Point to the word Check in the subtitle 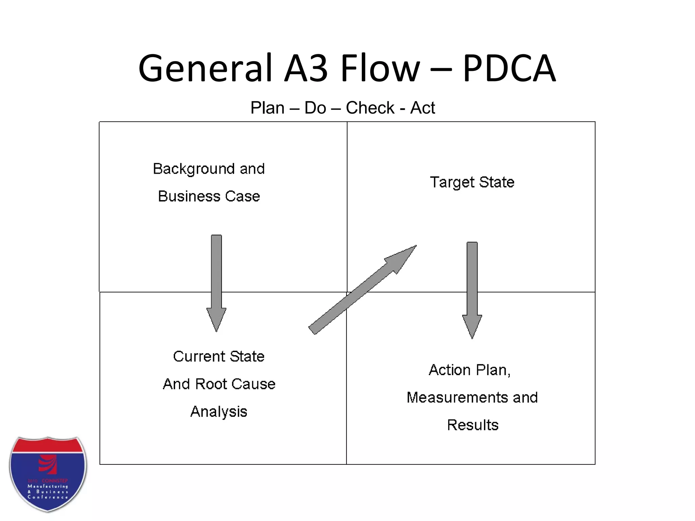coord(370,108)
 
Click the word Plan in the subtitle coord(267,108)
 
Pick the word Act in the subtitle coord(422,108)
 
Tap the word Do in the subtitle coord(315,108)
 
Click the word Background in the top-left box coord(194,169)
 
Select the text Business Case coord(209,196)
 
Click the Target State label coord(472,182)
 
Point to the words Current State coord(219,356)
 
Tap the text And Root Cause coord(219,384)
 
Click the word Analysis coord(219,411)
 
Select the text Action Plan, coord(470,370)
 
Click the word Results coord(472,425)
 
